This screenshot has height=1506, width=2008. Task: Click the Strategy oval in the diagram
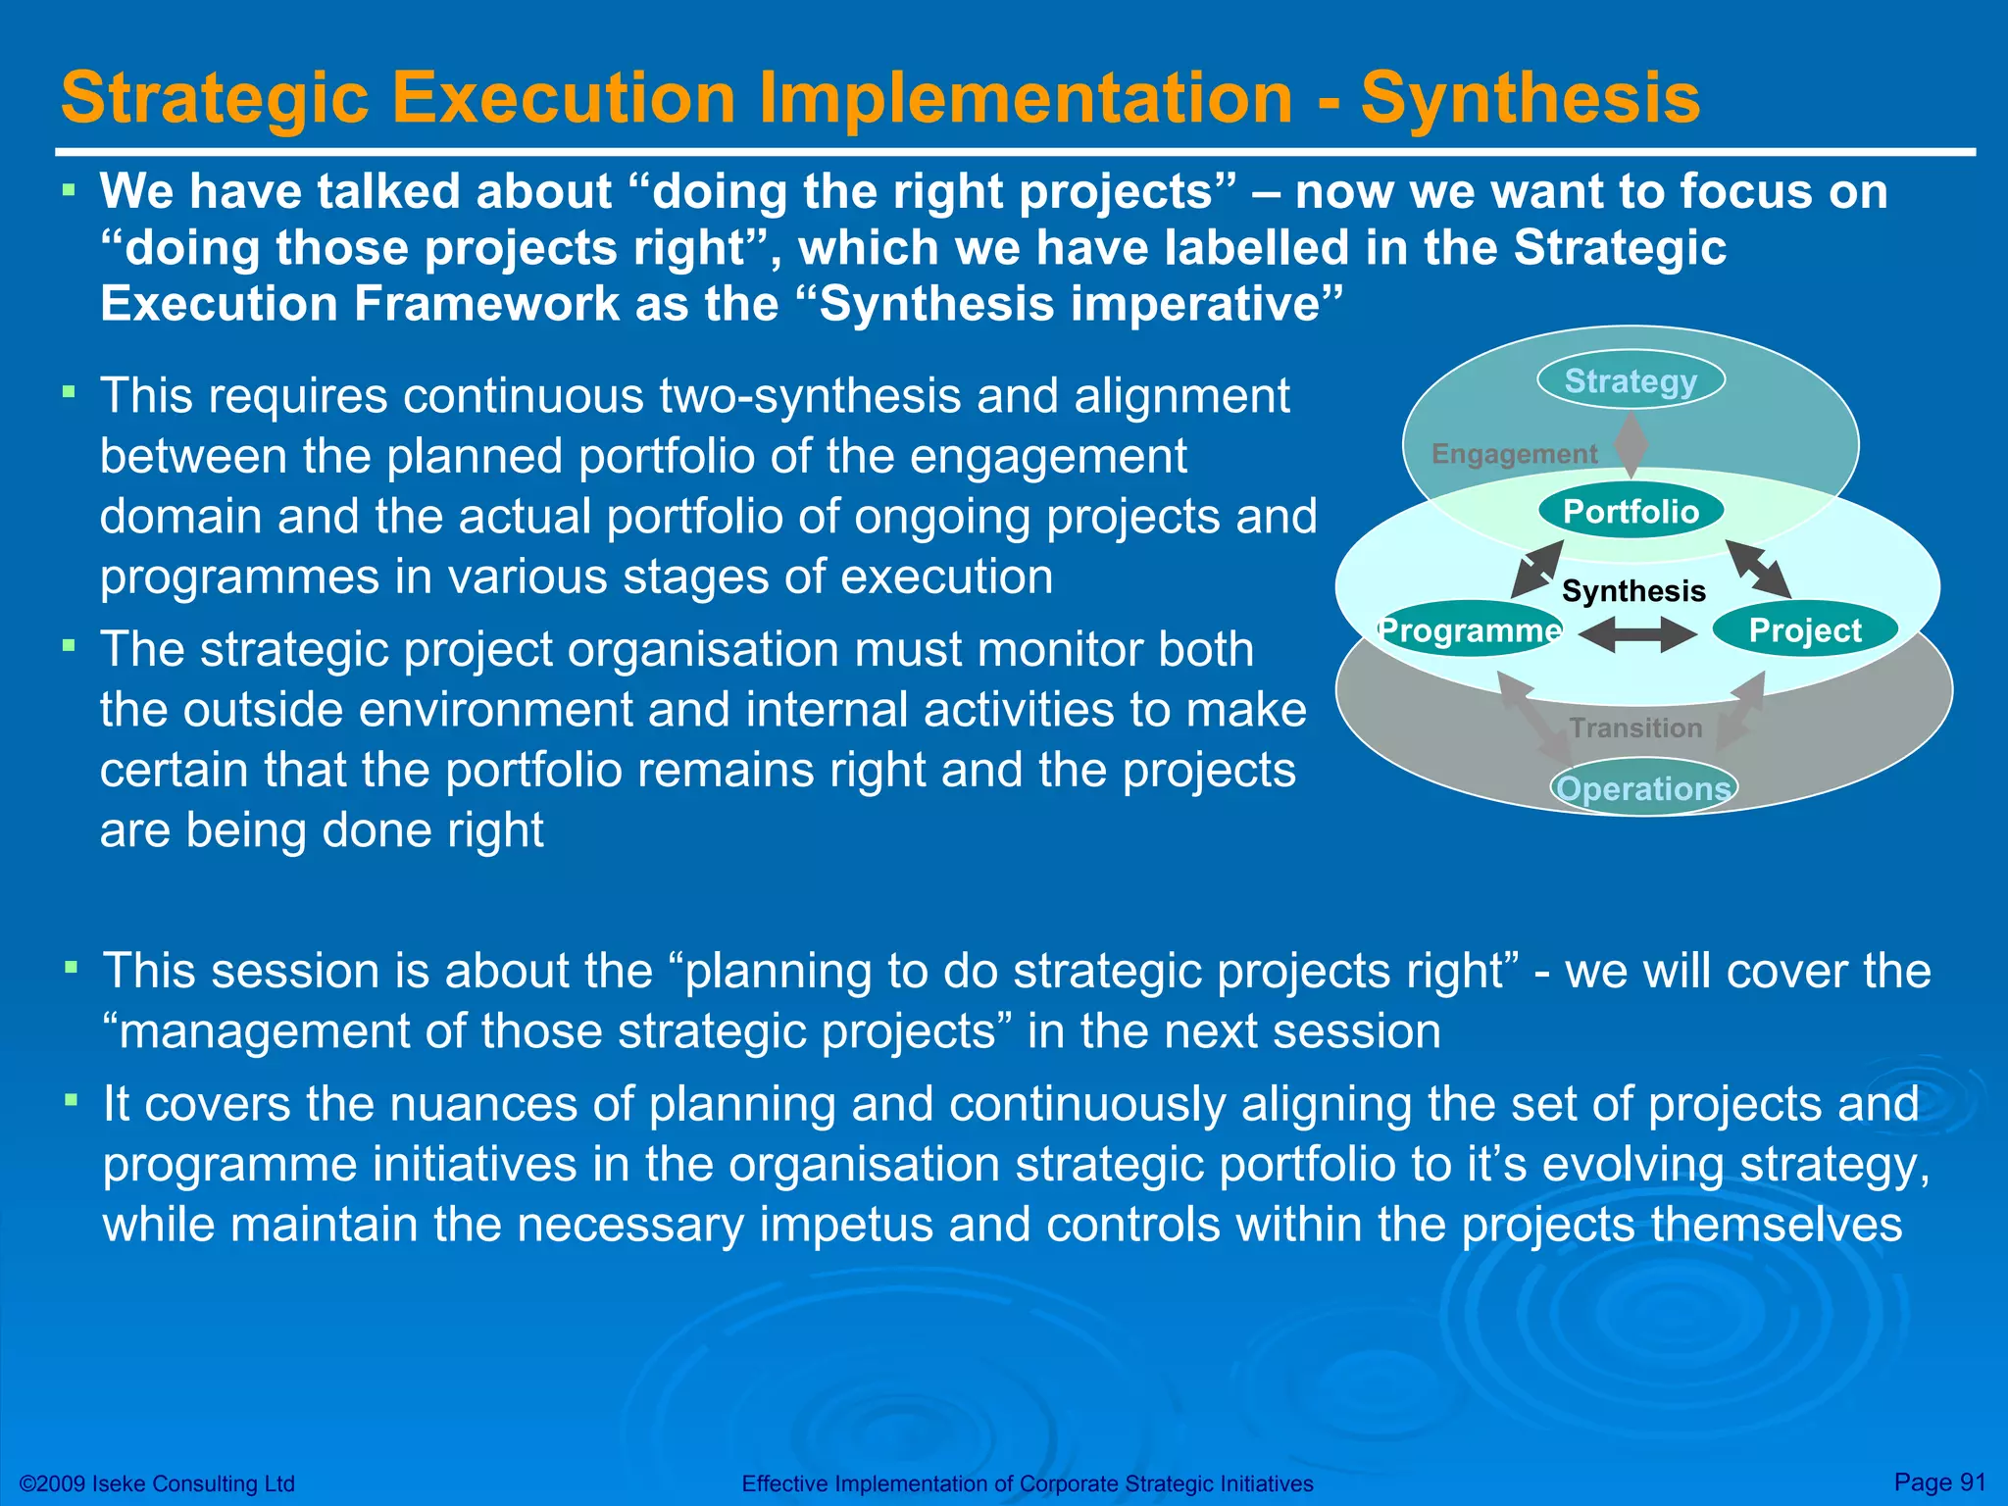click(x=1631, y=380)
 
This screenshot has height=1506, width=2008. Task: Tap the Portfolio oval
click(x=1631, y=512)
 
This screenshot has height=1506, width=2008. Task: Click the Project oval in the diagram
click(x=1804, y=630)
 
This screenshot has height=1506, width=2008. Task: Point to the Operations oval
click(x=1643, y=788)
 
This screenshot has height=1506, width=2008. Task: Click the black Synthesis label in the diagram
click(x=1633, y=591)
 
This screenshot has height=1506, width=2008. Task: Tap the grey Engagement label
click(x=1514, y=454)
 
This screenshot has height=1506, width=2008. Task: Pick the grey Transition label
click(x=1635, y=728)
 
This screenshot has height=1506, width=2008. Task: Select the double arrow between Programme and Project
click(x=1637, y=634)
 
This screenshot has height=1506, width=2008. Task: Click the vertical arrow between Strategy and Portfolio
click(x=1631, y=444)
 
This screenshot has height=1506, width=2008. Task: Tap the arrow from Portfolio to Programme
click(x=1536, y=569)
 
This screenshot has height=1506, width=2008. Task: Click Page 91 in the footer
click(x=1939, y=1481)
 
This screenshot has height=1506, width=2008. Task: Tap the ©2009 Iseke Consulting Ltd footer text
click(x=157, y=1483)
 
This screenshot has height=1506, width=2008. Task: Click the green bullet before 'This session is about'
click(x=71, y=968)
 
